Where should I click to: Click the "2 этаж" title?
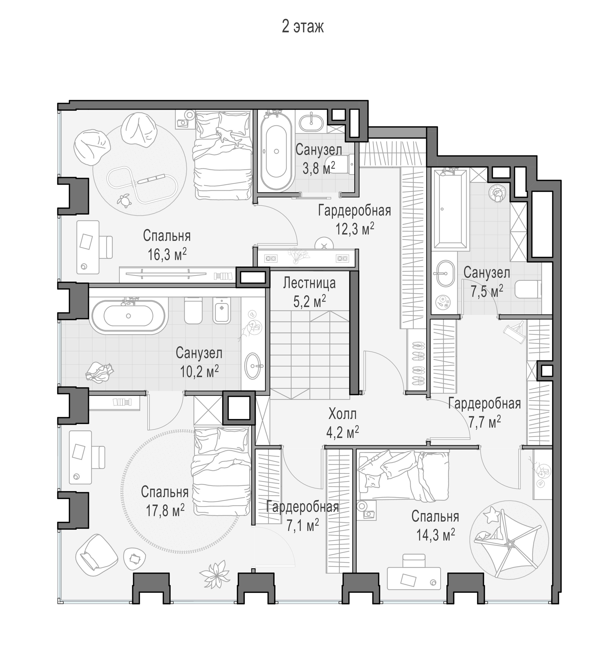[303, 27]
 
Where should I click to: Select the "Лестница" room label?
[309, 283]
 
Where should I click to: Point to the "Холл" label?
[343, 414]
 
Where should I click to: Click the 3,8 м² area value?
[319, 168]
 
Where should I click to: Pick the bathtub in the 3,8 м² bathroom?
[276, 152]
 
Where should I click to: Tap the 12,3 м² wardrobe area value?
[355, 229]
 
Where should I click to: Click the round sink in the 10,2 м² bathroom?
[254, 366]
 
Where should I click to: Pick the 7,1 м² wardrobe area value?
[303, 525]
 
